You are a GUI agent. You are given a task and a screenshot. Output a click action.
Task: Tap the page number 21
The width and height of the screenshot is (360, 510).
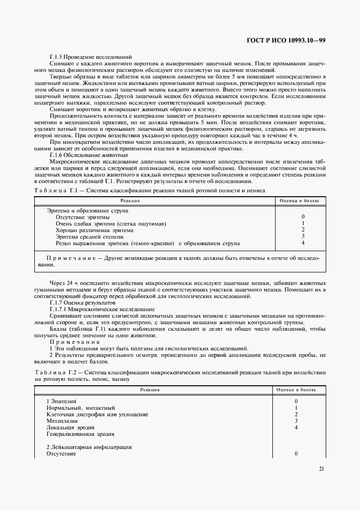tap(321, 467)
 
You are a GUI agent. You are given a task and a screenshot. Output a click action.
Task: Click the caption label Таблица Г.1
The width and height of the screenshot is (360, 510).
tap(56, 191)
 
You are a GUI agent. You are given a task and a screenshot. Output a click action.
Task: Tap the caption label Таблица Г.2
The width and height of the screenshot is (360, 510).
tap(56, 372)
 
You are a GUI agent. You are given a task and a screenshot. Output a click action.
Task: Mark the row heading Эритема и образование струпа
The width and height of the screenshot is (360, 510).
tap(83, 210)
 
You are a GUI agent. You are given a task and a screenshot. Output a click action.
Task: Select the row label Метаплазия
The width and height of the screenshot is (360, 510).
tap(62, 421)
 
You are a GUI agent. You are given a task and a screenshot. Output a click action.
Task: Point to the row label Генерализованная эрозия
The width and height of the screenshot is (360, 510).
tap(80, 434)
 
